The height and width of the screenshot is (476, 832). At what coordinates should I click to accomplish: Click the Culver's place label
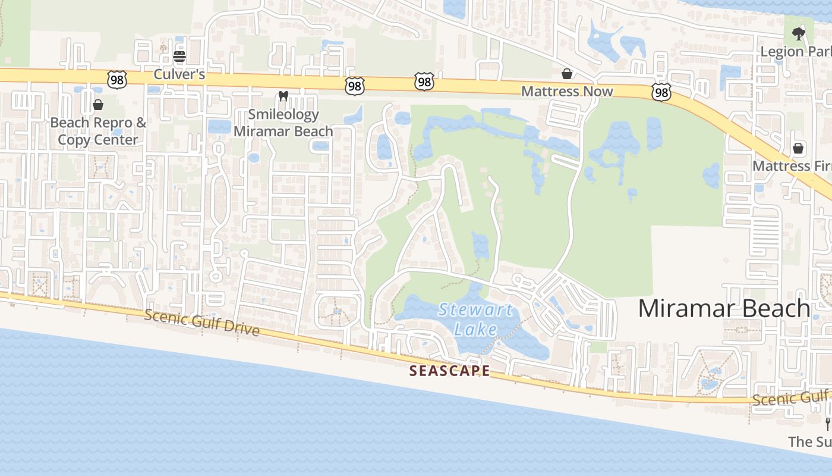[179, 74]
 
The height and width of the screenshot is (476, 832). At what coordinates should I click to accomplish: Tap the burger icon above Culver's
[179, 57]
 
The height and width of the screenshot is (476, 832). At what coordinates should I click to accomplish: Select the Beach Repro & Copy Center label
[98, 131]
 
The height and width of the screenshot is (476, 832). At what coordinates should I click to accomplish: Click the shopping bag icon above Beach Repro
[98, 105]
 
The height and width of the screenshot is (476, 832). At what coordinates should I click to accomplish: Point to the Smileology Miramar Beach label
[283, 123]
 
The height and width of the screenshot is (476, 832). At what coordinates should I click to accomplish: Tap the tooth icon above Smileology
[283, 96]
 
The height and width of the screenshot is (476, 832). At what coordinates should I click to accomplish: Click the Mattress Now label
[567, 91]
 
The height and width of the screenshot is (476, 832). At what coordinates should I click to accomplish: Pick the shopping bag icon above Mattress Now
[567, 73]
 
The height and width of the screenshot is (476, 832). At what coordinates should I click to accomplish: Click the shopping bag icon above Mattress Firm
[798, 148]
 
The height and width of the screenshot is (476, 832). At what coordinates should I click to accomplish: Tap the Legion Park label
[796, 52]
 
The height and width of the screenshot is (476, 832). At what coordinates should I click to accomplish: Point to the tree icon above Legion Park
[798, 34]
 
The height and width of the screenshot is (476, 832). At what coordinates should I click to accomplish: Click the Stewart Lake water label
[475, 319]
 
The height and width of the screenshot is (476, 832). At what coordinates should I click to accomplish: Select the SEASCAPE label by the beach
[450, 371]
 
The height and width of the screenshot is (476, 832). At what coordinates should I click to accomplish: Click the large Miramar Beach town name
[724, 308]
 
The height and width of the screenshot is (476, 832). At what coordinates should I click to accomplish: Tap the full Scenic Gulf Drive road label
[202, 322]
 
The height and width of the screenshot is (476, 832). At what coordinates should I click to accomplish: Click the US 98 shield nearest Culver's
[118, 79]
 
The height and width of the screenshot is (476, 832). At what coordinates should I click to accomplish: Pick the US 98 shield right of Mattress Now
[661, 92]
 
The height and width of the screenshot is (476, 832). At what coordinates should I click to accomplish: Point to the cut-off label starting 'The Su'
[809, 441]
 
